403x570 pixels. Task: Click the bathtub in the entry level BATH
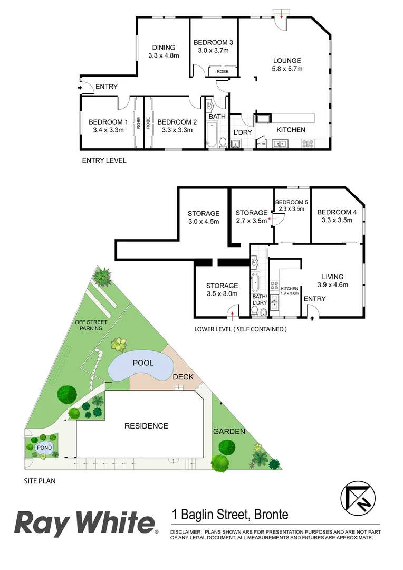212,134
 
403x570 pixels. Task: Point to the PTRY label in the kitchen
261,143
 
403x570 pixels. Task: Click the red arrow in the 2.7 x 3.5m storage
270,217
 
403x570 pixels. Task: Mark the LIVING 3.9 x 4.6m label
333,280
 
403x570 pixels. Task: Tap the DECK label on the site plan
183,377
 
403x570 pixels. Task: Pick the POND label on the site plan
44,448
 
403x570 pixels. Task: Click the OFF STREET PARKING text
89,325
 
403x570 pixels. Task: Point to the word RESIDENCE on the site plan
146,426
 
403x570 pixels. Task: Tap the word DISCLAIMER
186,533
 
